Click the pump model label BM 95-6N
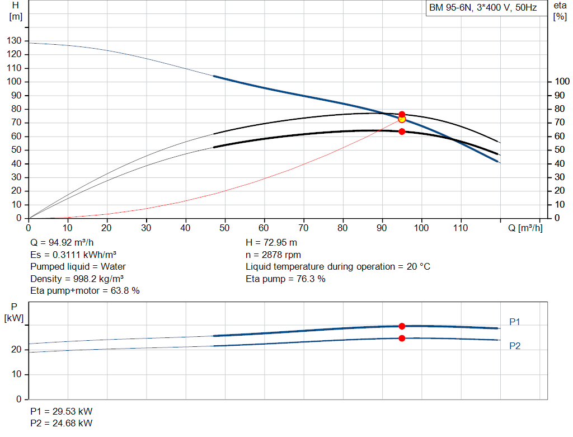click(450, 8)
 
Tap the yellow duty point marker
click(402, 119)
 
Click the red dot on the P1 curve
click(402, 326)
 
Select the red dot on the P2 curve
click(402, 339)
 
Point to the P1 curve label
click(515, 322)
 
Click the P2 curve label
click(515, 346)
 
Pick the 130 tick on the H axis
click(14, 40)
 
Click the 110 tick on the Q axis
click(461, 228)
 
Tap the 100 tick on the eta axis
click(562, 81)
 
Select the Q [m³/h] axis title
click(525, 228)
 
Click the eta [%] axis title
click(560, 11)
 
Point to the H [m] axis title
click(16, 11)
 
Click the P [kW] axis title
click(14, 313)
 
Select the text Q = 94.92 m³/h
click(62, 243)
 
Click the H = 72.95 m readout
click(271, 243)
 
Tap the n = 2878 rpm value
click(273, 255)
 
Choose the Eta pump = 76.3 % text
click(285, 279)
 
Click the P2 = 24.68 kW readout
click(62, 423)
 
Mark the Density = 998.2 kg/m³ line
click(77, 279)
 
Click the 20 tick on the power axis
click(16, 350)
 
